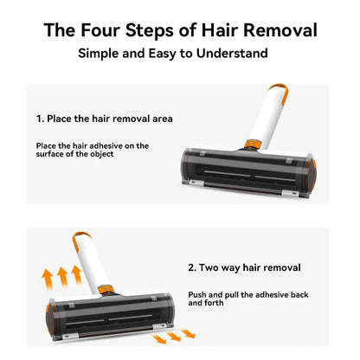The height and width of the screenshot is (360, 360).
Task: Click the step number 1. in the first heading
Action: pos(41,118)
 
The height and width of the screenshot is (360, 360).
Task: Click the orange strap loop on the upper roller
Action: pos(276,90)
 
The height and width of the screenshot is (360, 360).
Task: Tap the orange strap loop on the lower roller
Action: pos(83,236)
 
